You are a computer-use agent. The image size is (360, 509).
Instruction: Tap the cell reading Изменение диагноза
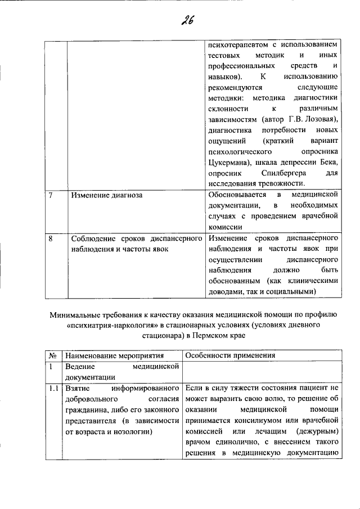pyautogui.click(x=106, y=196)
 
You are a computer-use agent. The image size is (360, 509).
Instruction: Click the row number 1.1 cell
pyautogui.click(x=53, y=388)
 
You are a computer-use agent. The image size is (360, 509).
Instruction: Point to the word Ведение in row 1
pyautogui.click(x=79, y=367)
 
